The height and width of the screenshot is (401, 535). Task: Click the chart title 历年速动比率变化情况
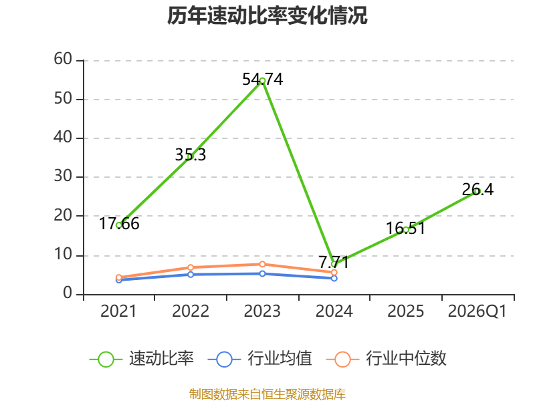(x=267, y=15)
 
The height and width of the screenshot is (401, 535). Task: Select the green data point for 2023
(x=262, y=81)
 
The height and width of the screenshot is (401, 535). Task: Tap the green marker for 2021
(x=119, y=225)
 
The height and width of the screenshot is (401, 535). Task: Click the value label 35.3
(x=191, y=155)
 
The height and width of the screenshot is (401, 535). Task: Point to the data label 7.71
(x=334, y=262)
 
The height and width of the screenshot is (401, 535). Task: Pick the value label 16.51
(x=406, y=228)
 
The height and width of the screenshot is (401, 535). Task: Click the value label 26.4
(x=477, y=190)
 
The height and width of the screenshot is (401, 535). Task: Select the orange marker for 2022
(x=191, y=267)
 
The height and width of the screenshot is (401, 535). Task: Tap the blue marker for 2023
(x=262, y=273)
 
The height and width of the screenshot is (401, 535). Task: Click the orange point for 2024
(x=334, y=273)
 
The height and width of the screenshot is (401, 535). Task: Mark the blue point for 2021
(x=119, y=280)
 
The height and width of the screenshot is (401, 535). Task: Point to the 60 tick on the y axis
(x=63, y=59)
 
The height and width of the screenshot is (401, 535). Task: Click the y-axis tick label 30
(x=63, y=176)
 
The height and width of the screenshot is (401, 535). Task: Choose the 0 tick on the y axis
(x=68, y=293)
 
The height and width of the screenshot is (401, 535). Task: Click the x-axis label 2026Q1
(x=477, y=311)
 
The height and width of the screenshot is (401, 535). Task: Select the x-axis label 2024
(x=334, y=311)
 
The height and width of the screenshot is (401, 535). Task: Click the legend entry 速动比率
(x=142, y=359)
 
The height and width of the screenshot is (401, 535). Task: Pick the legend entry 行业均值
(x=260, y=359)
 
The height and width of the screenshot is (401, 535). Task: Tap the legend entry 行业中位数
(x=387, y=359)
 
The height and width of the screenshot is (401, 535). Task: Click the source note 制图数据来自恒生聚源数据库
(x=267, y=394)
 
